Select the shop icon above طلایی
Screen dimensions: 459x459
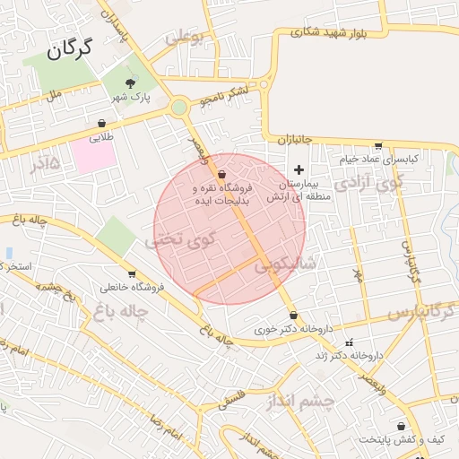(101, 124)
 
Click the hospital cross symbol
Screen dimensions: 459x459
(299, 170)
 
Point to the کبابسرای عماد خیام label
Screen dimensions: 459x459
(378, 160)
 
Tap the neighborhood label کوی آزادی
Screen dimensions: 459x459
(369, 184)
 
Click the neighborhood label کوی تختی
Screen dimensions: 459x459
(182, 240)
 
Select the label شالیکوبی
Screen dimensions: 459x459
(285, 265)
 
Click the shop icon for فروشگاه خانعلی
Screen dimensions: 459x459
(133, 274)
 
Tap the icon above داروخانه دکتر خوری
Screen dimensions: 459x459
(294, 315)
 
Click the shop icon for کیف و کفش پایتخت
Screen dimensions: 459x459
(400, 427)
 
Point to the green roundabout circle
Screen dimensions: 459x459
(179, 108)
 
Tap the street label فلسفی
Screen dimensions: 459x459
(234, 392)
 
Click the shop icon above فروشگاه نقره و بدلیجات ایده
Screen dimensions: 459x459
(221, 175)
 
